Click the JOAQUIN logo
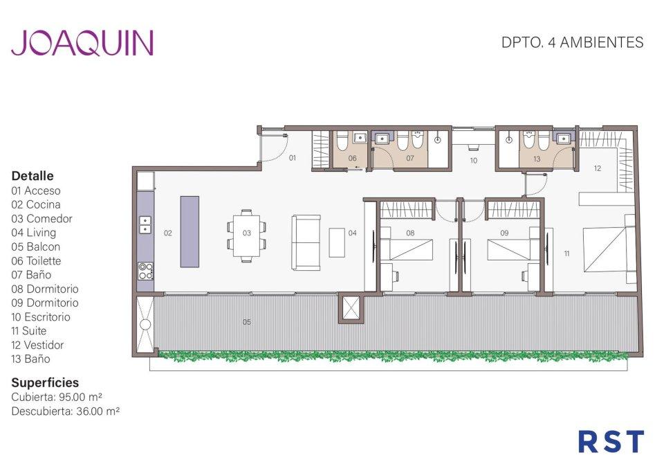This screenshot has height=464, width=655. click(82, 43)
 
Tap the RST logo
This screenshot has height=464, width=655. click(611, 442)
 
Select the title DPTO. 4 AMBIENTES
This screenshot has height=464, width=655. click(572, 43)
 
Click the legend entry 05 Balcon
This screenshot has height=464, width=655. click(36, 247)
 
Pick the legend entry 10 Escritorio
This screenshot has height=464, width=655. click(41, 316)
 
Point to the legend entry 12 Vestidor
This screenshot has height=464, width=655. click(37, 345)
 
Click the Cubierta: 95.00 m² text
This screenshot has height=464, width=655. click(57, 397)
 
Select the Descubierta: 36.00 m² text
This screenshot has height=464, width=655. click(66, 411)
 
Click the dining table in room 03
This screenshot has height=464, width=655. click(246, 236)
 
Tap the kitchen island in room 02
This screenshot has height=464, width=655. click(190, 231)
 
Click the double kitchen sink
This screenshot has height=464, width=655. click(145, 224)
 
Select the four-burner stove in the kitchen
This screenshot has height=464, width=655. click(145, 271)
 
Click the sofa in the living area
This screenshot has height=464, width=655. click(306, 242)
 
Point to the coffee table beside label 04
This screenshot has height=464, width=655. click(337, 242)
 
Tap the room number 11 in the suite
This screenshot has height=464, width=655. click(566, 253)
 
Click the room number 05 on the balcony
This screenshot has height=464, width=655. click(247, 322)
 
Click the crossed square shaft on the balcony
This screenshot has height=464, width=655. click(351, 309)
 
